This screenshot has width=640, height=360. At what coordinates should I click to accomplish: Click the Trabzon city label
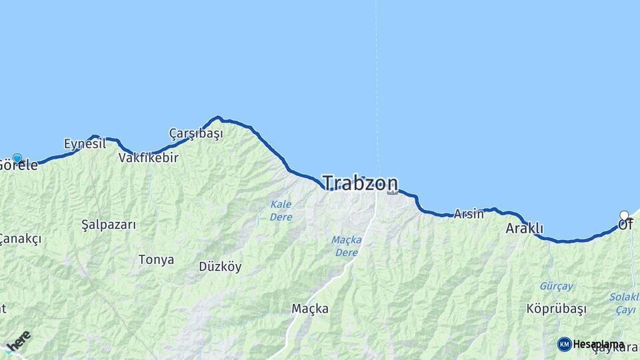coord(360,183)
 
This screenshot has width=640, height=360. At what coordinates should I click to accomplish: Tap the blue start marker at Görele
coord(17,159)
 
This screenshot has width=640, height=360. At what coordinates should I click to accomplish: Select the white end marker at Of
coord(624,215)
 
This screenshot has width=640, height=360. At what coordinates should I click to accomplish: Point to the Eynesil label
coord(85,143)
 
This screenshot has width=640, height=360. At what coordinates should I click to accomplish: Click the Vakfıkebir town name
coord(148,158)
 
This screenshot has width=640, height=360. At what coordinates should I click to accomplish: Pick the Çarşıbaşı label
coord(196,133)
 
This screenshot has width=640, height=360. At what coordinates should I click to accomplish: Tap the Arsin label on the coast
coord(469,214)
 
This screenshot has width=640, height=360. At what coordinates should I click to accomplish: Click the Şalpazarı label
coord(108,225)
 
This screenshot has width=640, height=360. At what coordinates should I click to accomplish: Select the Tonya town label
coord(156,259)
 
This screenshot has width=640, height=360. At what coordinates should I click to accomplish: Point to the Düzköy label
coord(220,267)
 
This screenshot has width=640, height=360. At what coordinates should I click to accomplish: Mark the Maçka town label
coord(310,308)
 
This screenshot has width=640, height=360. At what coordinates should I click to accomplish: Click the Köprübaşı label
coord(556,309)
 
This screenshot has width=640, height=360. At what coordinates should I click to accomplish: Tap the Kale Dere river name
coord(281,211)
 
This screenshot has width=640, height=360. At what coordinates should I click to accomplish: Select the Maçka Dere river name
coord(347,246)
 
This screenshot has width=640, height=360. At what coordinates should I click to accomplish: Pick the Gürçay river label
coord(557,286)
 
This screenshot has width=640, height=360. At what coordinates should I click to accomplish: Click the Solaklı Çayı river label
coord(625,303)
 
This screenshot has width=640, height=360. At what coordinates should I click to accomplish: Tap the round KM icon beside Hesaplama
coord(564,344)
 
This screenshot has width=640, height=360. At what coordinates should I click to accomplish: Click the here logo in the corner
coord(18,341)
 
